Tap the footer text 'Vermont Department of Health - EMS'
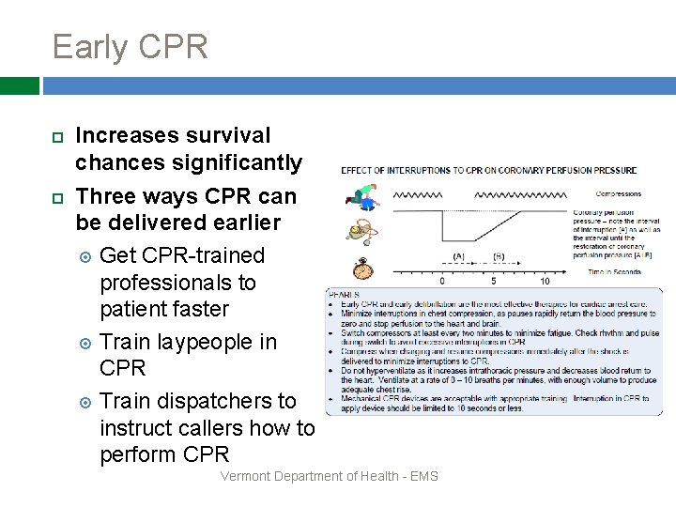329,477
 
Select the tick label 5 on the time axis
494,281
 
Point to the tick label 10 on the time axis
544,281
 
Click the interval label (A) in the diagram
458,256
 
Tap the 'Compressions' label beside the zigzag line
618,194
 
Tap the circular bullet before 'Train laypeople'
84,342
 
